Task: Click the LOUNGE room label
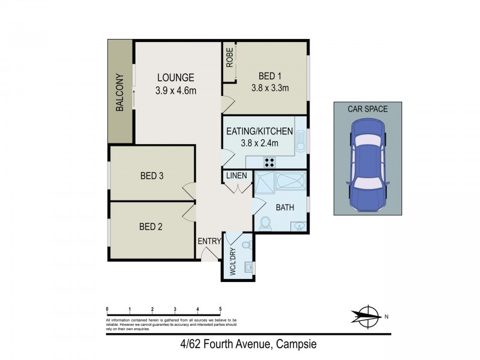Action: (176, 77)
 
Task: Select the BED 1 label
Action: (270, 76)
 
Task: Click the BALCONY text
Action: (119, 93)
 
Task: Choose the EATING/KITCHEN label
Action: (259, 131)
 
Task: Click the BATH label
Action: (284, 207)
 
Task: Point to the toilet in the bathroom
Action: (265, 223)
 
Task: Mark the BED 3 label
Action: (152, 176)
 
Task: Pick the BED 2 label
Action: (151, 227)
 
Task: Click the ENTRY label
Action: (209, 241)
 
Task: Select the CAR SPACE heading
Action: (368, 109)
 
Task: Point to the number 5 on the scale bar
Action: (221, 309)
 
